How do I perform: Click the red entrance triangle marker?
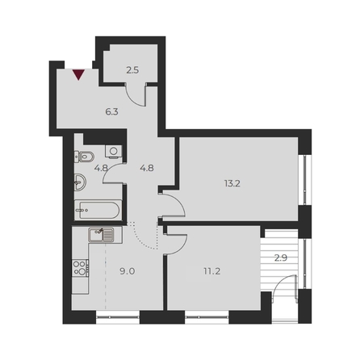[78, 75]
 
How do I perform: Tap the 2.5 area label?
[133, 71]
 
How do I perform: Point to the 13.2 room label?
[232, 182]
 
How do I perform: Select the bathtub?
[96, 212]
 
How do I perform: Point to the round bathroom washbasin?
[78, 182]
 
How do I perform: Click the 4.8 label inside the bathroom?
[101, 169]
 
